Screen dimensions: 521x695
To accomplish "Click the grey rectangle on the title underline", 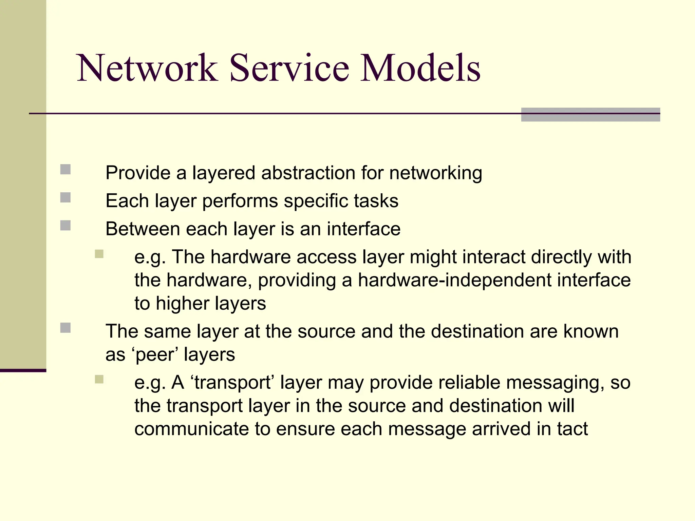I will coord(590,115).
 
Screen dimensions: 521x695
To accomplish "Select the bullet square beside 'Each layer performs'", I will coord(65,197).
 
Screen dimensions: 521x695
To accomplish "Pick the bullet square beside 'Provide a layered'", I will coord(65,169).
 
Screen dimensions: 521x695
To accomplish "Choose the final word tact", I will coord(572,429).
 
